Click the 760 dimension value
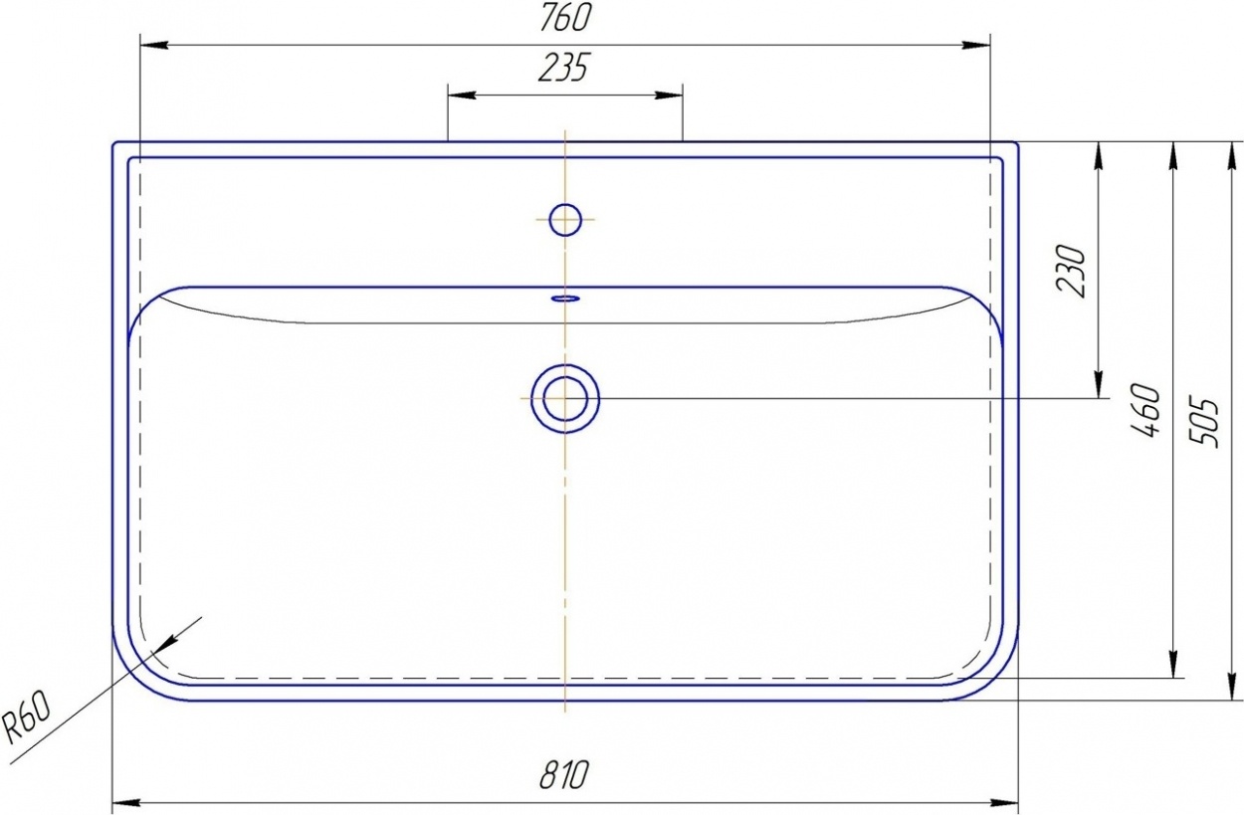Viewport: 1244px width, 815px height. pos(565,18)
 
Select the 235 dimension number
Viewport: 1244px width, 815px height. pos(563,68)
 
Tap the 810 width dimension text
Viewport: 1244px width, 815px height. pos(563,774)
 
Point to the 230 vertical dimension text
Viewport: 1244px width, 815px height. pos(1071,271)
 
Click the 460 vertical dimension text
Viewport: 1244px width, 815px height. pos(1145,410)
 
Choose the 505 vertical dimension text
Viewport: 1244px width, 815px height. pos(1204,422)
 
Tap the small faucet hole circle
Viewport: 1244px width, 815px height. pos(565,220)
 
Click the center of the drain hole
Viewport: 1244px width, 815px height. pos(565,399)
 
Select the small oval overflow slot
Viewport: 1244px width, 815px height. pos(565,299)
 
